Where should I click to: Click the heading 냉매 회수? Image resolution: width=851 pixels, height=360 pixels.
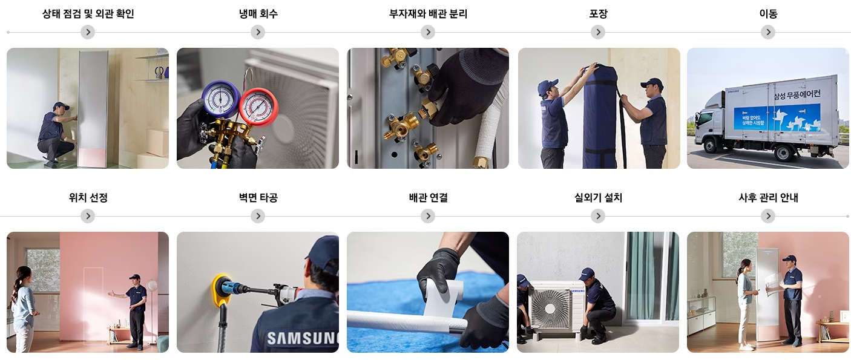(x=258, y=14)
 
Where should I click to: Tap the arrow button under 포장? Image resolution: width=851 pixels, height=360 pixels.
(x=598, y=32)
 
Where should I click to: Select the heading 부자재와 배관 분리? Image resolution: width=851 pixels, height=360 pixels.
(x=428, y=14)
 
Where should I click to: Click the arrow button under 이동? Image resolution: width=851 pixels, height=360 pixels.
(x=768, y=32)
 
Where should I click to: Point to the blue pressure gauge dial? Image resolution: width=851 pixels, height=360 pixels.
(x=219, y=99)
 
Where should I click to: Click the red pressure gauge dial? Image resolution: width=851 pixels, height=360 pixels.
(x=258, y=106)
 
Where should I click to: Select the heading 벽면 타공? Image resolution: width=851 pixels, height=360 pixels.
(x=258, y=198)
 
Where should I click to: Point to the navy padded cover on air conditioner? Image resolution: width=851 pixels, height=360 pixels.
(x=600, y=118)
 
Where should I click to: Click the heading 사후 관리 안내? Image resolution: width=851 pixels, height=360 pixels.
(x=768, y=198)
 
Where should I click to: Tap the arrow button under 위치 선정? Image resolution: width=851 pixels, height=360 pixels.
(x=88, y=216)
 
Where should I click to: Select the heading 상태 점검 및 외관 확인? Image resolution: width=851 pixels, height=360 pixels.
(x=88, y=14)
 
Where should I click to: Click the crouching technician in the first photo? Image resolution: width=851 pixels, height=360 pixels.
(x=56, y=134)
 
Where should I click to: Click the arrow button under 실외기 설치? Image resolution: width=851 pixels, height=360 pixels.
(x=598, y=216)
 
